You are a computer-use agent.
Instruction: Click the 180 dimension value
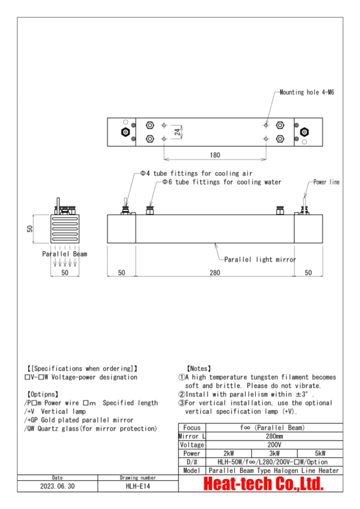click(215, 155)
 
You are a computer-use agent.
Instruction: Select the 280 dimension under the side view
click(215, 272)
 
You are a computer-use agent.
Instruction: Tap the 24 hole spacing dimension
click(177, 132)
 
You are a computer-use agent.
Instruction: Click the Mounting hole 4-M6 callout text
click(307, 92)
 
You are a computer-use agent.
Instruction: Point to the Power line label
click(326, 182)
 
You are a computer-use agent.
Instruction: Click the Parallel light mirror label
click(260, 259)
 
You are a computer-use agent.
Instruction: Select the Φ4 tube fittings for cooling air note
click(196, 173)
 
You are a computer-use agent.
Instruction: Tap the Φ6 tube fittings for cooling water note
click(222, 182)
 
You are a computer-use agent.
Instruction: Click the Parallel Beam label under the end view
click(65, 254)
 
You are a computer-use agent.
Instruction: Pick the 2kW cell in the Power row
click(228, 453)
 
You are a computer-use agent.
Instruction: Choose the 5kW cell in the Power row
click(320, 453)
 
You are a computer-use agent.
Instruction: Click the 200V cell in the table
click(274, 445)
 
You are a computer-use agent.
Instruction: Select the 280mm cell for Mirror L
click(274, 436)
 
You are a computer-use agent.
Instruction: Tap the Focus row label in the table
click(192, 427)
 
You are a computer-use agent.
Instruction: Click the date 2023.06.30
click(57, 486)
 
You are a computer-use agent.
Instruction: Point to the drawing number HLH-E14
click(137, 486)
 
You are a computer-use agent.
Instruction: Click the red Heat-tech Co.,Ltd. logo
click(263, 483)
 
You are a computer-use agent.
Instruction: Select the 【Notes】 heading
click(199, 368)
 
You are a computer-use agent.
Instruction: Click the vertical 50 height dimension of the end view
click(30, 228)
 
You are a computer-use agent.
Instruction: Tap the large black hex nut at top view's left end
click(125, 132)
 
